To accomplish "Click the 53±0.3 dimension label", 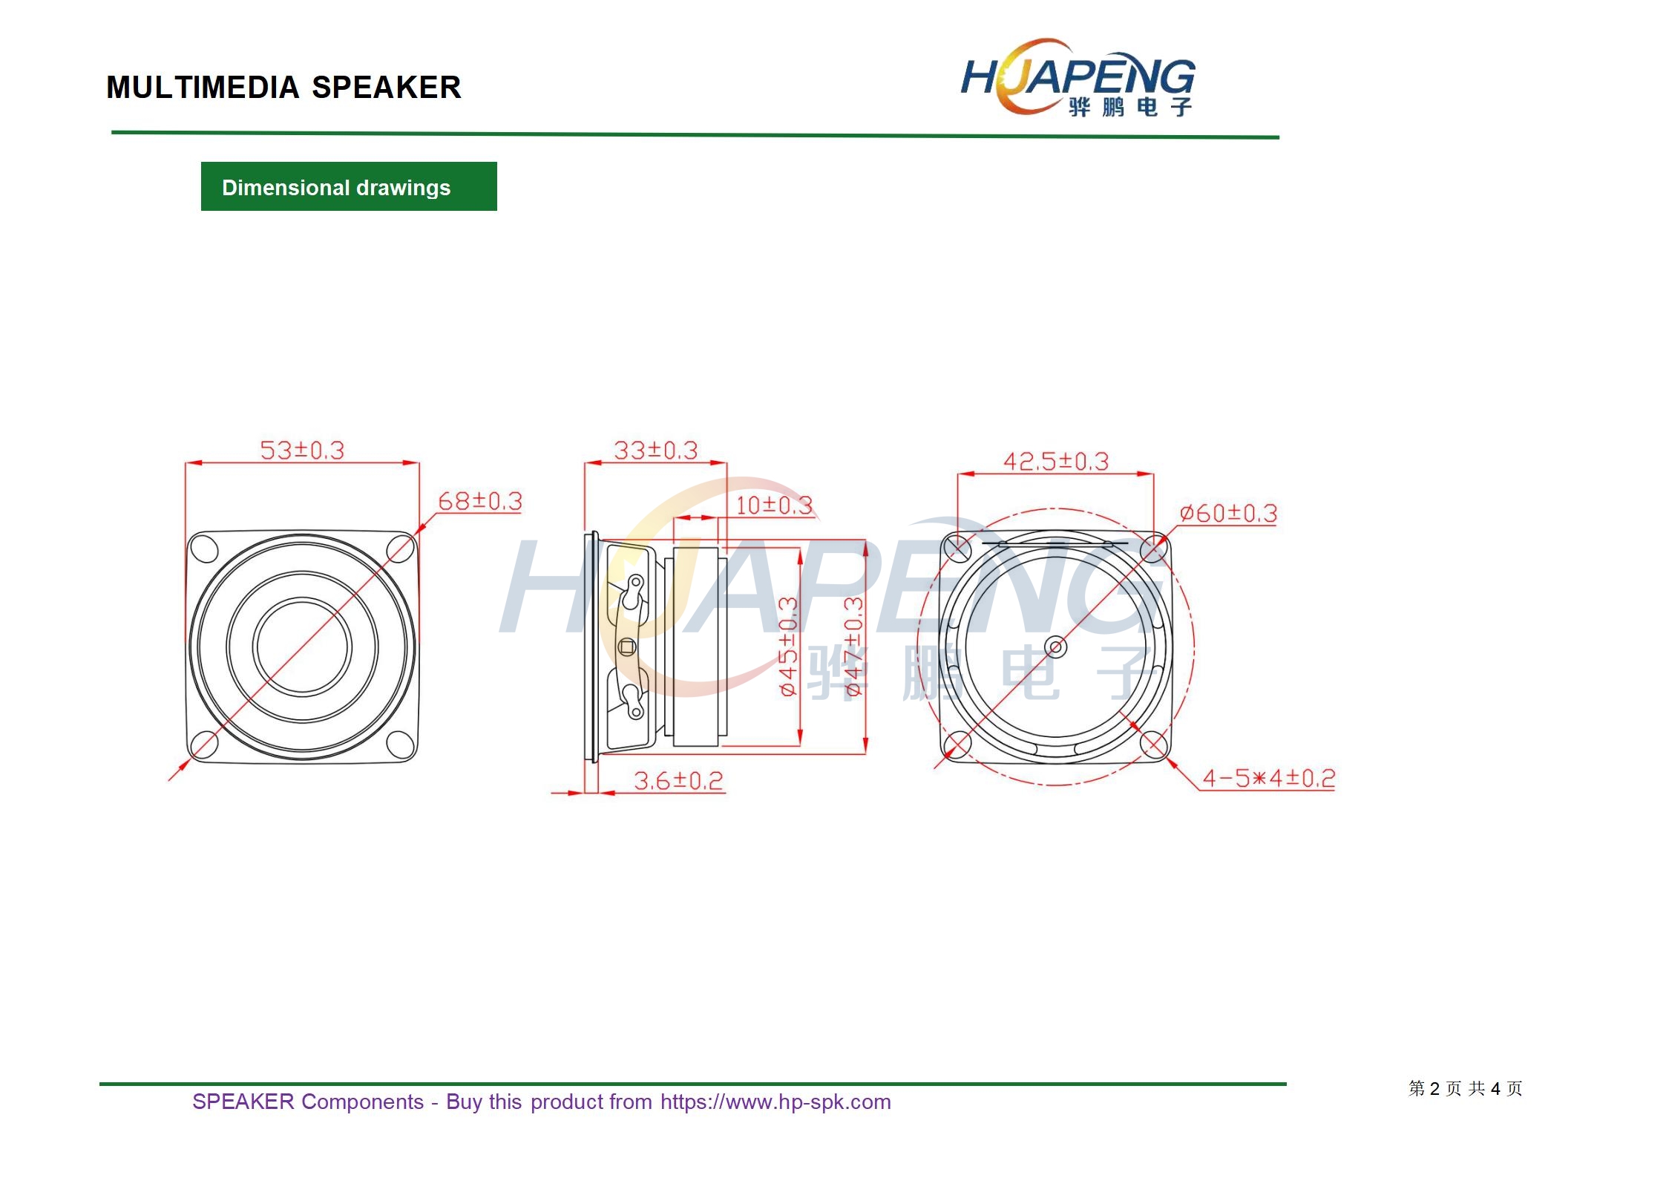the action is coord(302,450).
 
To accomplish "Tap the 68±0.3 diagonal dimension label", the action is coord(480,501).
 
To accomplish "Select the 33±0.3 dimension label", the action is coord(656,450).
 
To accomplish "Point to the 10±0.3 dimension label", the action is coord(774,505).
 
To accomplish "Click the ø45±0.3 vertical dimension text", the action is coord(788,647).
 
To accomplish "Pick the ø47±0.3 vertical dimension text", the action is coord(854,647).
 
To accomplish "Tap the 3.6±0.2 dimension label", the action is coord(678,780).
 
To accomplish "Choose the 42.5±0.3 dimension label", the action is coord(1056,461).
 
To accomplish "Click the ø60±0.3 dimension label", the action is coord(1228,513).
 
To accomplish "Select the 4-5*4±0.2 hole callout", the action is coord(1268,778).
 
